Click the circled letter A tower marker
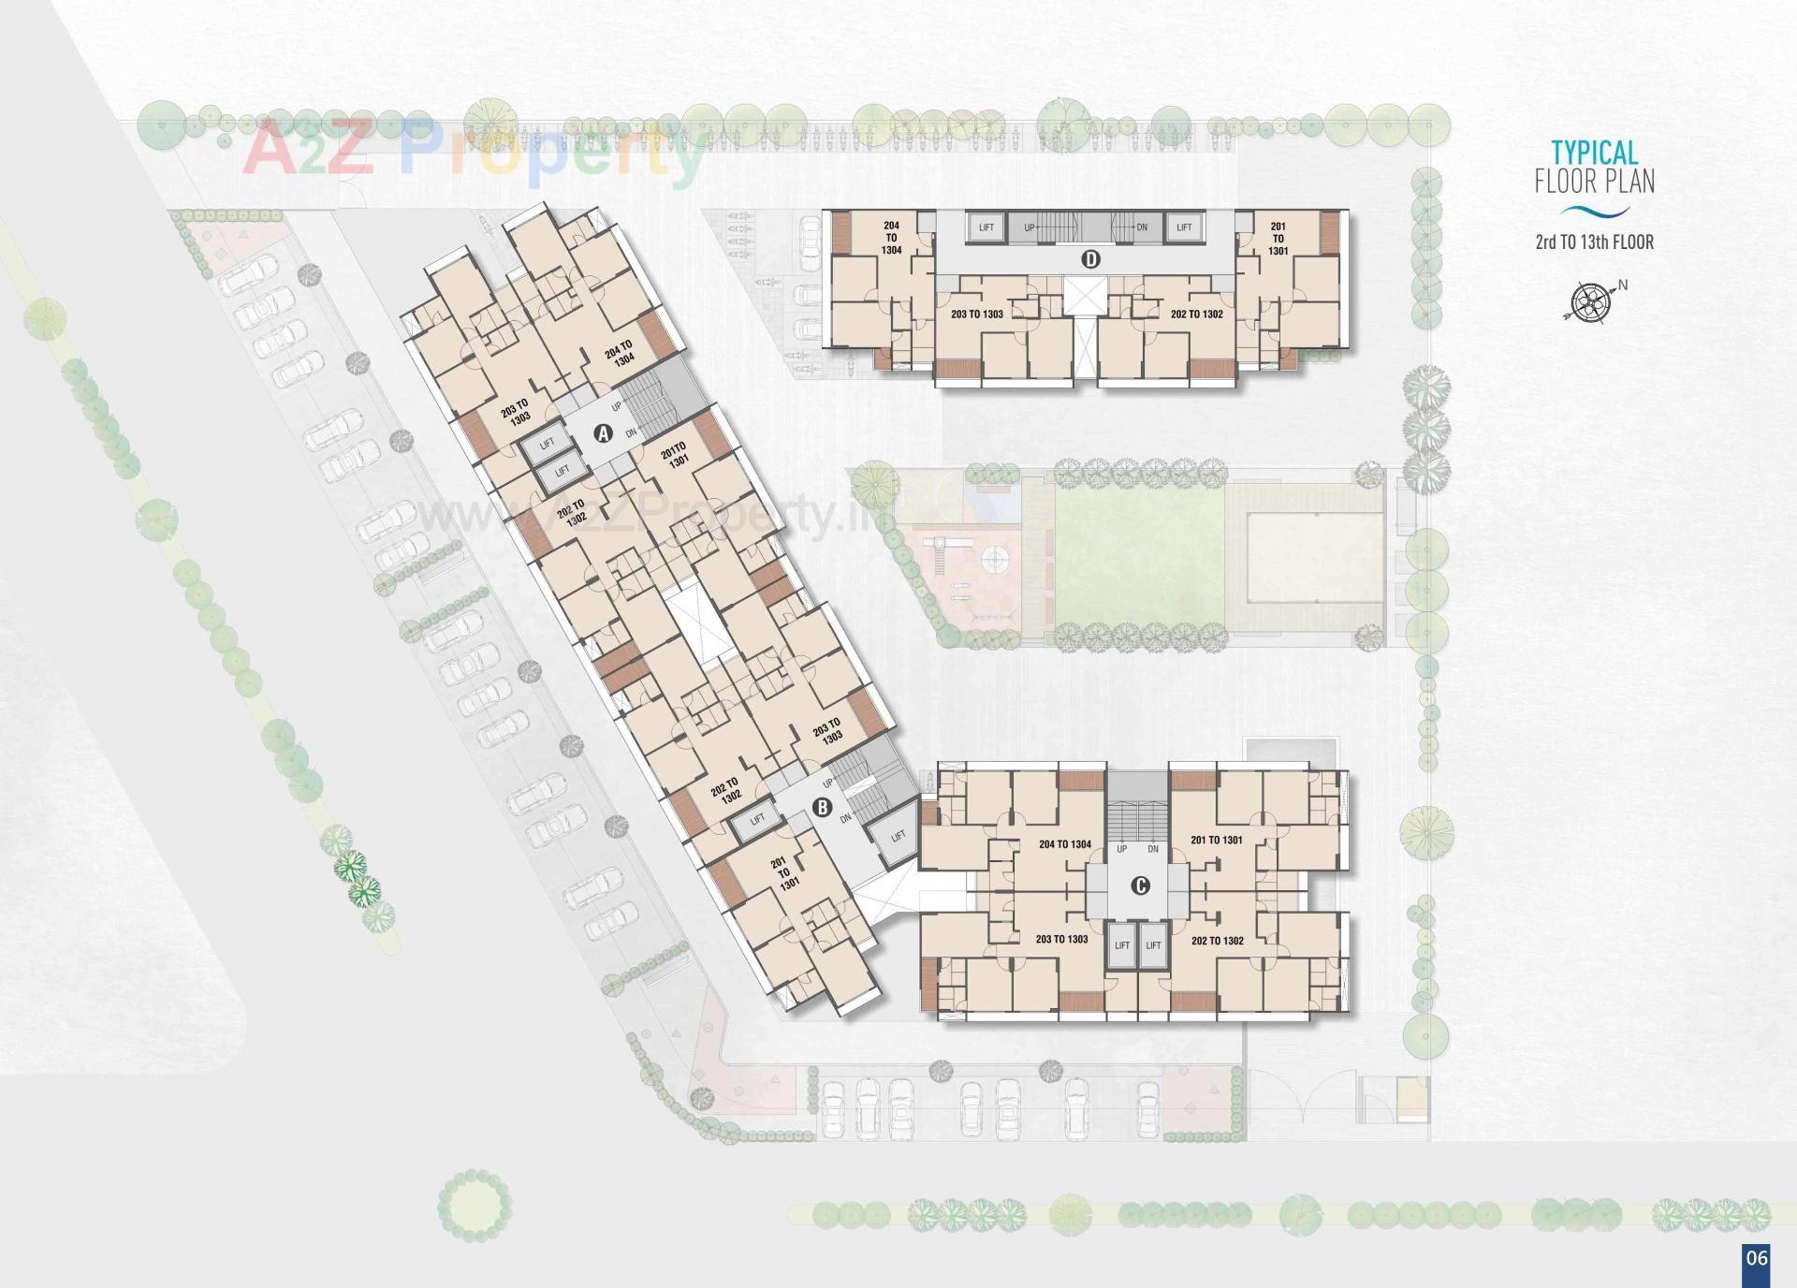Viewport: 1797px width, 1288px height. (604, 433)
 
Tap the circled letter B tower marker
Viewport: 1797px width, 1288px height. (822, 807)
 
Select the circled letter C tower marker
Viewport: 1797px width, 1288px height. (1140, 885)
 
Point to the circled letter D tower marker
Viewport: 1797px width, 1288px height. (1089, 259)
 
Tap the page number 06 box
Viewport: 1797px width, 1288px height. (1756, 1259)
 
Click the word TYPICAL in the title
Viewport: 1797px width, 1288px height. (1594, 153)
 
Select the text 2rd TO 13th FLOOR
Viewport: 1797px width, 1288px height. (1594, 242)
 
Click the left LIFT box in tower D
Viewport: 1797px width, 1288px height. (986, 227)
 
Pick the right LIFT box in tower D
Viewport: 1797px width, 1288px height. (1184, 227)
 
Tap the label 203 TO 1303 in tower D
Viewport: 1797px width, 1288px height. (976, 315)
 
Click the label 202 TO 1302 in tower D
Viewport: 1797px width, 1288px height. (1196, 315)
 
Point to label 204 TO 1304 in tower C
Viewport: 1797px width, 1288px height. (1064, 844)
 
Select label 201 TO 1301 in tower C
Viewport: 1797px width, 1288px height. (1216, 841)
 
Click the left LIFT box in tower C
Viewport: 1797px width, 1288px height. (1121, 945)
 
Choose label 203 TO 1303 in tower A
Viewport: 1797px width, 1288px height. (515, 411)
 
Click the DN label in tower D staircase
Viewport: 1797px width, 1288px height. (1142, 227)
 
